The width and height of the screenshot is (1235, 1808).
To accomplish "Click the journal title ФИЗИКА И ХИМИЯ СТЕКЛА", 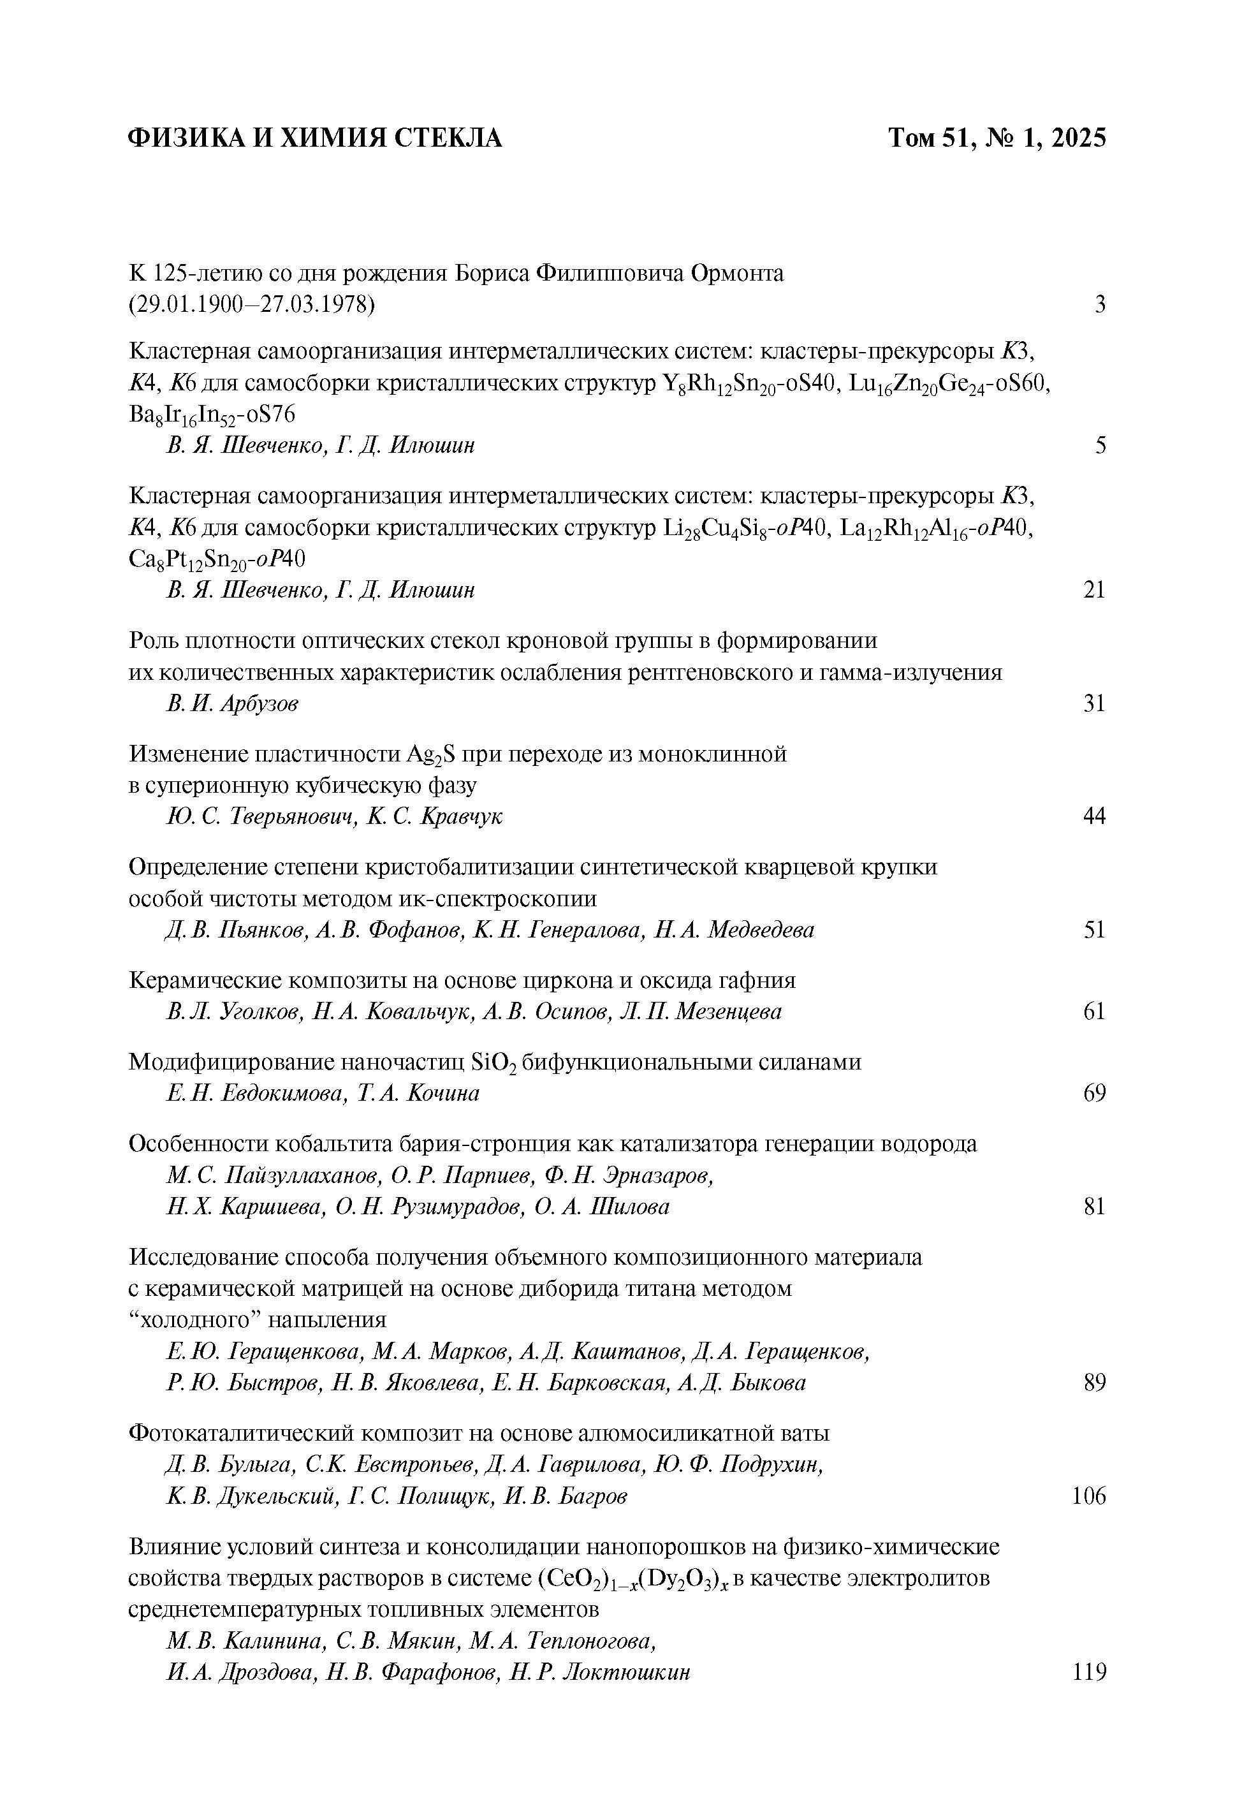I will [314, 138].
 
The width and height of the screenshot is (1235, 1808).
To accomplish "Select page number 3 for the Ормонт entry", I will [1100, 305].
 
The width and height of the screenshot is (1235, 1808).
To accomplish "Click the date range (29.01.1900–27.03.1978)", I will [251, 305].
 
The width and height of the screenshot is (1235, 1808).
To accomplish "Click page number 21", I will [1094, 591].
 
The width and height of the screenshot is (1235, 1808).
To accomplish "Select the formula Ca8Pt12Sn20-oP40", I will [217, 559].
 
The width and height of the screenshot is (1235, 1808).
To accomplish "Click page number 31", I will [1094, 704].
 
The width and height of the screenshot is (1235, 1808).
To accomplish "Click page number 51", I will [1094, 930].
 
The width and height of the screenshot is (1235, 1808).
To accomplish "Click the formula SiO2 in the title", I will [494, 1062].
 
